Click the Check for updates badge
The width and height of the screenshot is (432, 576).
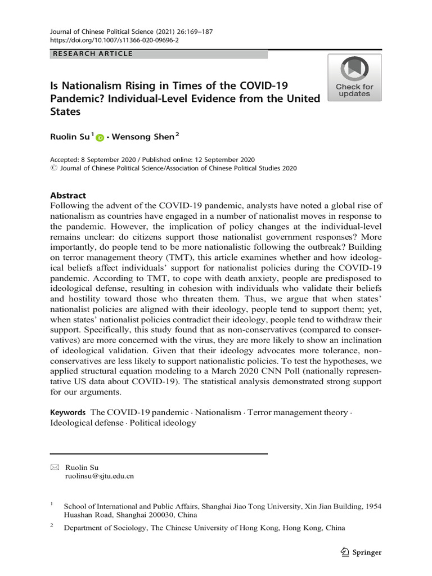click(x=354, y=78)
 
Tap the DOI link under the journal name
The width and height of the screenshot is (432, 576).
click(x=105, y=41)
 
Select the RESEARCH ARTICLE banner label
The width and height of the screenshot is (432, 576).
click(x=92, y=54)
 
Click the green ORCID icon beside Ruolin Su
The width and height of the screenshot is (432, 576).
click(x=100, y=137)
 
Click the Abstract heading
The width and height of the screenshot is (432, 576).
click(x=68, y=196)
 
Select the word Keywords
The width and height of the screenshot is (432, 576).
click(x=67, y=412)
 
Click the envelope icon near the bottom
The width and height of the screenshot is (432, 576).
click(x=55, y=467)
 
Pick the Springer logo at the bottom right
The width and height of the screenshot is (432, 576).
click(x=361, y=552)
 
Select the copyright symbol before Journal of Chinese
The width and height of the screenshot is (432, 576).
click(x=53, y=168)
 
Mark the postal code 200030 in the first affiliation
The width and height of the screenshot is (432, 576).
click(x=163, y=515)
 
